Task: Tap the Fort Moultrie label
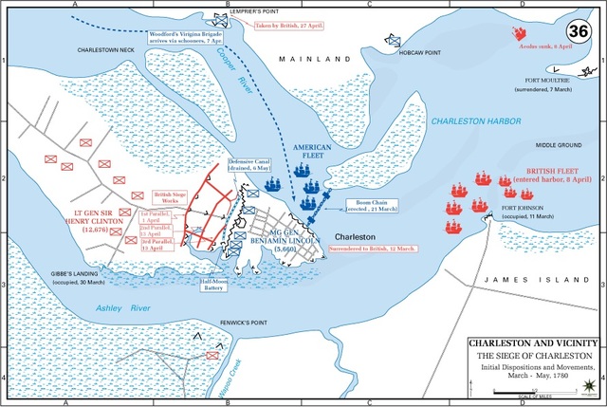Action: click(x=558, y=83)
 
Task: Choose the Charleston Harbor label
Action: click(x=471, y=121)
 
